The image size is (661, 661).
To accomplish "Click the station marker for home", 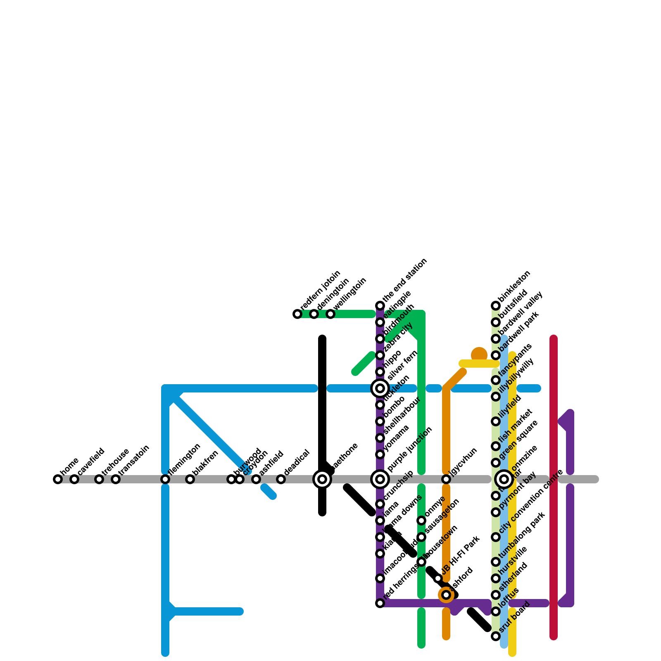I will (58, 479).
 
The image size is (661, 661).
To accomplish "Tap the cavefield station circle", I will (74, 479).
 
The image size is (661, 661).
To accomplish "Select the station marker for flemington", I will (165, 479).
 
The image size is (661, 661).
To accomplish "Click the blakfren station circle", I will (190, 479).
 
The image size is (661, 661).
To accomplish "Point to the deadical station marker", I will (281, 479).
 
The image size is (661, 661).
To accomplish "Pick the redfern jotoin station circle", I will (297, 314).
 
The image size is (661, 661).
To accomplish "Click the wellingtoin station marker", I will (330, 314).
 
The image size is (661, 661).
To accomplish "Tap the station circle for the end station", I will (380, 306).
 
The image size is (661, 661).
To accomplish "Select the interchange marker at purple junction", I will (380, 479).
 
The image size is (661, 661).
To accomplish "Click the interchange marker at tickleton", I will (380, 388).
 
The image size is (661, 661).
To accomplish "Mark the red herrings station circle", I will (380, 603).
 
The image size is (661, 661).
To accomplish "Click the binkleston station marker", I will (496, 306).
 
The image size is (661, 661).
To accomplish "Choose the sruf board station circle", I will (496, 636).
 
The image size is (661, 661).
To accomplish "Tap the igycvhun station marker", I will (446, 479).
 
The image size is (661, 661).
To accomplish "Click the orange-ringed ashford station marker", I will (446, 595).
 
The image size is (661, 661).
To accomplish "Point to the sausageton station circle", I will (421, 537).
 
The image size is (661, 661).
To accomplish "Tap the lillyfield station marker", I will (496, 421).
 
